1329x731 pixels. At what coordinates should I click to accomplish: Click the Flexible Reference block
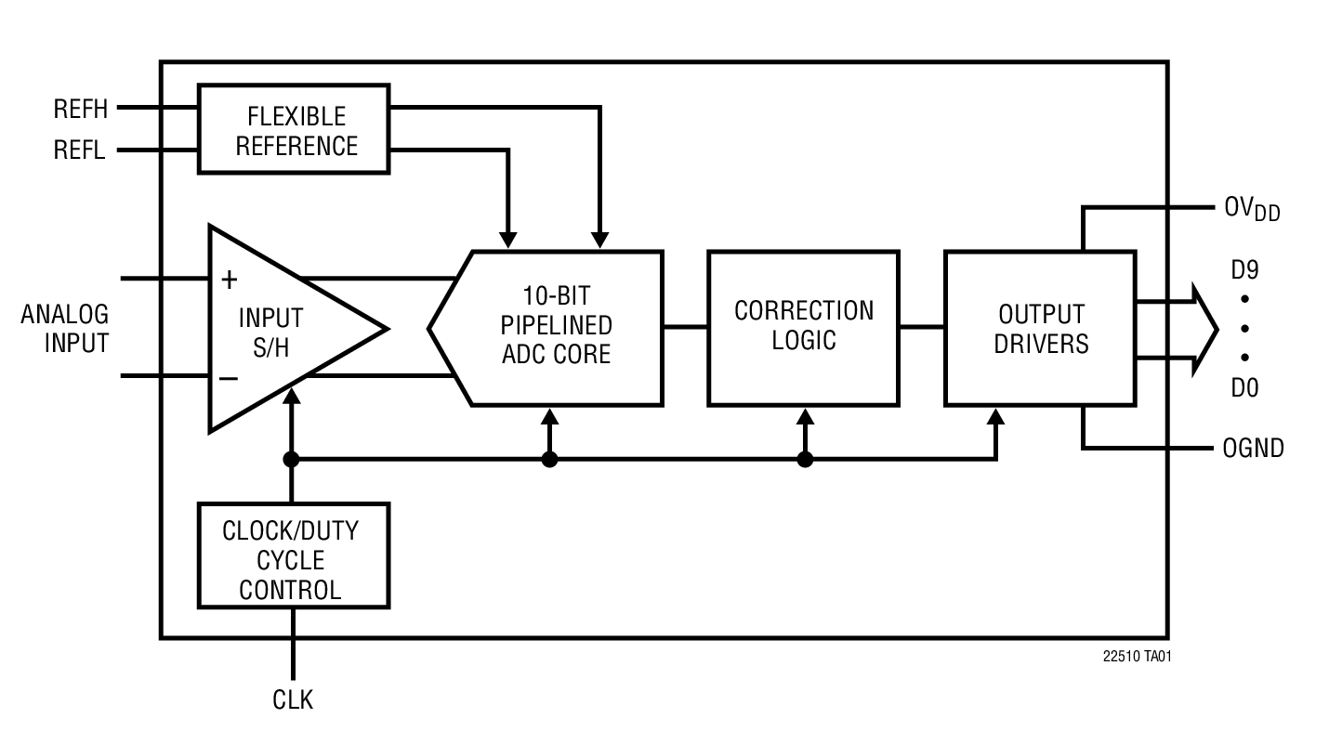pyautogui.click(x=294, y=129)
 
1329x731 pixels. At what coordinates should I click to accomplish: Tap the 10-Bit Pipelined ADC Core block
pyautogui.click(x=556, y=327)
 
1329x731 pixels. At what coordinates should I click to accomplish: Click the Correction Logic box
pyautogui.click(x=803, y=327)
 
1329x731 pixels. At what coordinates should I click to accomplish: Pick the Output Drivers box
pyautogui.click(x=1040, y=328)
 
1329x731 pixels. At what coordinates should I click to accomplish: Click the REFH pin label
pyautogui.click(x=81, y=110)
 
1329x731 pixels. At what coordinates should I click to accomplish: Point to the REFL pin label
pyautogui.click(x=80, y=150)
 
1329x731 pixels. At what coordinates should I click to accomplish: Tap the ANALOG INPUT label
pyautogui.click(x=65, y=328)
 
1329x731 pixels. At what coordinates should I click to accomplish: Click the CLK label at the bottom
pyautogui.click(x=293, y=699)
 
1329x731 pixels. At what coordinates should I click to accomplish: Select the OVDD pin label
pyautogui.click(x=1251, y=209)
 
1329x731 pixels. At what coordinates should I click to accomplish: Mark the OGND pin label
pyautogui.click(x=1253, y=449)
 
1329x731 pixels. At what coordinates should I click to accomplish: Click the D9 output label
pyautogui.click(x=1244, y=270)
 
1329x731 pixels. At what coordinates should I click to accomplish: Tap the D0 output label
pyautogui.click(x=1244, y=388)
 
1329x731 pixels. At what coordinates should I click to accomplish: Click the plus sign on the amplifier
pyautogui.click(x=229, y=279)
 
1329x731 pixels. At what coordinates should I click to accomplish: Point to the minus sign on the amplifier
pyautogui.click(x=229, y=378)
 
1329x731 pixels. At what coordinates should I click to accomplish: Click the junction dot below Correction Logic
pyautogui.click(x=805, y=459)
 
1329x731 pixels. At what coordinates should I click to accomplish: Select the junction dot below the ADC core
pyautogui.click(x=549, y=459)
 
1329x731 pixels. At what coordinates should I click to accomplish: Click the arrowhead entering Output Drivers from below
pyautogui.click(x=995, y=416)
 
